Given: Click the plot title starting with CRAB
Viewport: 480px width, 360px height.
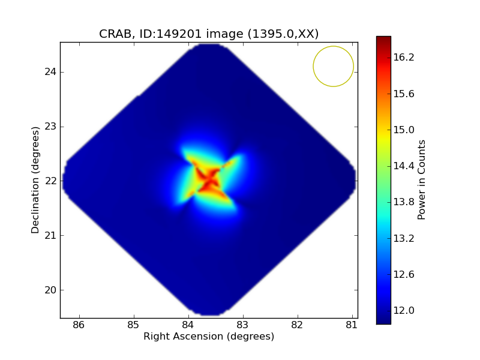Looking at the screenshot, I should [x=209, y=34].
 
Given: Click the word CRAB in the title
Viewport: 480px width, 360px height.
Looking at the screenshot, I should [x=114, y=34].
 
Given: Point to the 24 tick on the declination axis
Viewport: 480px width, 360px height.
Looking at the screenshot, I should [x=50, y=72].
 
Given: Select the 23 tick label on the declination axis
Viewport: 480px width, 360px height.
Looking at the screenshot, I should [x=50, y=127].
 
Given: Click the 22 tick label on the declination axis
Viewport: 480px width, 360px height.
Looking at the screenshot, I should [x=50, y=181].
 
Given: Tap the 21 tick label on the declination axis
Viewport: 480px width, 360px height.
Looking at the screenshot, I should [x=50, y=235].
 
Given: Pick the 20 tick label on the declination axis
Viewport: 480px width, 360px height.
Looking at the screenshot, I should [x=50, y=290].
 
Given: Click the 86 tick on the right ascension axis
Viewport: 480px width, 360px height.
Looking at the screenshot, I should [x=79, y=325].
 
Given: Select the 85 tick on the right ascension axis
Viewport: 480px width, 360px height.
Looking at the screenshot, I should [x=133, y=325].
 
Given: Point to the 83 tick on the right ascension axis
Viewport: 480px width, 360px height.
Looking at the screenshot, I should [x=243, y=325].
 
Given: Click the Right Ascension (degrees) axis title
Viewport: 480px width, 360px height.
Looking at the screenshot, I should [x=209, y=337].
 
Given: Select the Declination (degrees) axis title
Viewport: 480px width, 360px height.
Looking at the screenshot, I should [x=35, y=180].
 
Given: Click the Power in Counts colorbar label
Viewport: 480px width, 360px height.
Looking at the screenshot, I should [x=422, y=180].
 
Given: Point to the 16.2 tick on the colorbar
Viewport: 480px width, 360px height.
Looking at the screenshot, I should [x=404, y=58].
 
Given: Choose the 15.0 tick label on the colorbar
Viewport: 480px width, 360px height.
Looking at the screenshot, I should [x=404, y=130].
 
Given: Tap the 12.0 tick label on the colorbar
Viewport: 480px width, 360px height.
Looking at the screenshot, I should [x=404, y=310].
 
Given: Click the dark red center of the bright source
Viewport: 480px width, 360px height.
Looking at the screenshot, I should [x=209, y=179].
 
